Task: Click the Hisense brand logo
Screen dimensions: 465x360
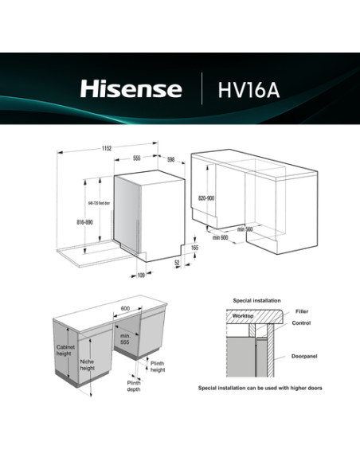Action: (x=131, y=88)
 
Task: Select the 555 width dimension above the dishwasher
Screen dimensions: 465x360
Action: (x=136, y=158)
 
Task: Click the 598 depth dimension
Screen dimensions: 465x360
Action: (x=170, y=159)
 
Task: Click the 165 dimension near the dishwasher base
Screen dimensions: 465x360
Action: (x=194, y=248)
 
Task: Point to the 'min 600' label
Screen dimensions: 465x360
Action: (x=221, y=236)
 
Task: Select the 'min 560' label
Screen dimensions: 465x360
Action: (x=245, y=229)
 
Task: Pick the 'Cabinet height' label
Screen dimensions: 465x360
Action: (x=66, y=352)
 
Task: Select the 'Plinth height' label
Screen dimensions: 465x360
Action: (x=158, y=366)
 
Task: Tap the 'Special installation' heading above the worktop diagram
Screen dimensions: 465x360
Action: (x=256, y=300)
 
